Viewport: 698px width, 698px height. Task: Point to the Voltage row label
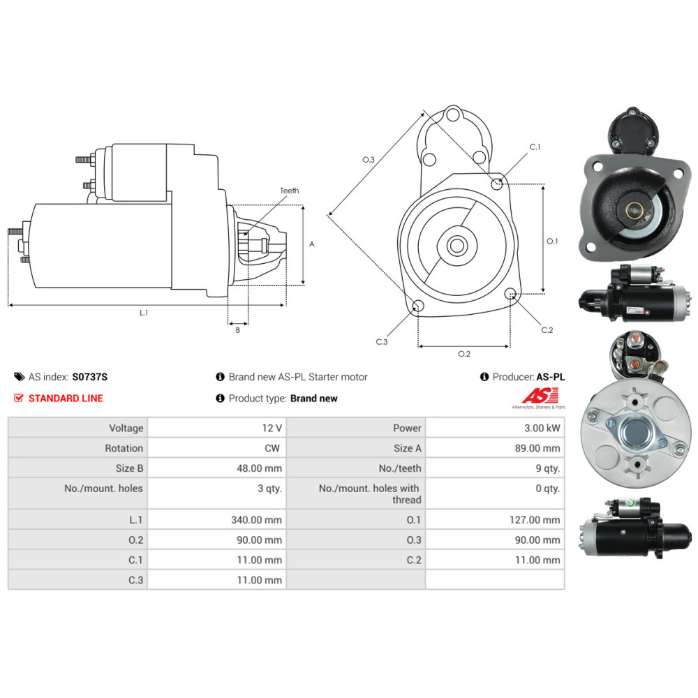126,428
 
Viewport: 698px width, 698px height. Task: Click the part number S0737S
90,377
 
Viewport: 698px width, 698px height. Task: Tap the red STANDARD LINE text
66,399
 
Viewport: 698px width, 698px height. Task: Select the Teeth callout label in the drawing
289,191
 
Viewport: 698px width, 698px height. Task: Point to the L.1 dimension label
143,313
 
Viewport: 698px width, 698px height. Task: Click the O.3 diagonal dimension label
369,160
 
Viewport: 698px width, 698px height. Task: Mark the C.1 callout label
535,147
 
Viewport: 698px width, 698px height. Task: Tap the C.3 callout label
381,342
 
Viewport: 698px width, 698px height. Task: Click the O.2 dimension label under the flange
463,354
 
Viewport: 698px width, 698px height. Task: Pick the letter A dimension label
312,244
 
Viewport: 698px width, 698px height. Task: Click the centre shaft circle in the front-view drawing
457,245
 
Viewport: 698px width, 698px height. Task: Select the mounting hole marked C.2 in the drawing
510,293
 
